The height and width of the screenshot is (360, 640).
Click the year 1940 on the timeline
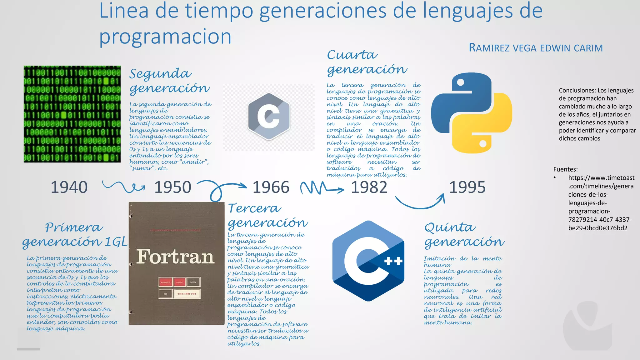[x=69, y=187]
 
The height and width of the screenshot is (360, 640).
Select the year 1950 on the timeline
[x=172, y=187]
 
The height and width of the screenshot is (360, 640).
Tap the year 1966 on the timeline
[x=271, y=187]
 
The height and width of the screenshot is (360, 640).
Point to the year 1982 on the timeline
[x=369, y=187]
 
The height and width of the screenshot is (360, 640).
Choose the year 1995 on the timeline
[x=467, y=187]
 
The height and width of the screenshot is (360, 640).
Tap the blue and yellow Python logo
[x=471, y=113]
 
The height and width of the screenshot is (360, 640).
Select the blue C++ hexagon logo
[x=368, y=261]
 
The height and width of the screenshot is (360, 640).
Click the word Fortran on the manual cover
[x=175, y=257]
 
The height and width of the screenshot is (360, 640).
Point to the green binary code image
[x=72, y=114]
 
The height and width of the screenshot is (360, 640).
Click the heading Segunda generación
[x=169, y=81]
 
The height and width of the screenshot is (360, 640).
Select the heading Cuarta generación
[x=367, y=62]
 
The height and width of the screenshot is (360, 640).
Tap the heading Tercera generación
[x=268, y=215]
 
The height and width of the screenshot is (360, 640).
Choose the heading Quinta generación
[x=464, y=234]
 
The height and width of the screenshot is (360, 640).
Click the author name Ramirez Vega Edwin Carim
[x=536, y=48]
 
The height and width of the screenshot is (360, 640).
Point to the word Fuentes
[x=565, y=169]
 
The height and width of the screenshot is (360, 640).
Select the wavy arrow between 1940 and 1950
[x=124, y=186]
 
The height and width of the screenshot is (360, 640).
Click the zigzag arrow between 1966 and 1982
[x=322, y=188]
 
